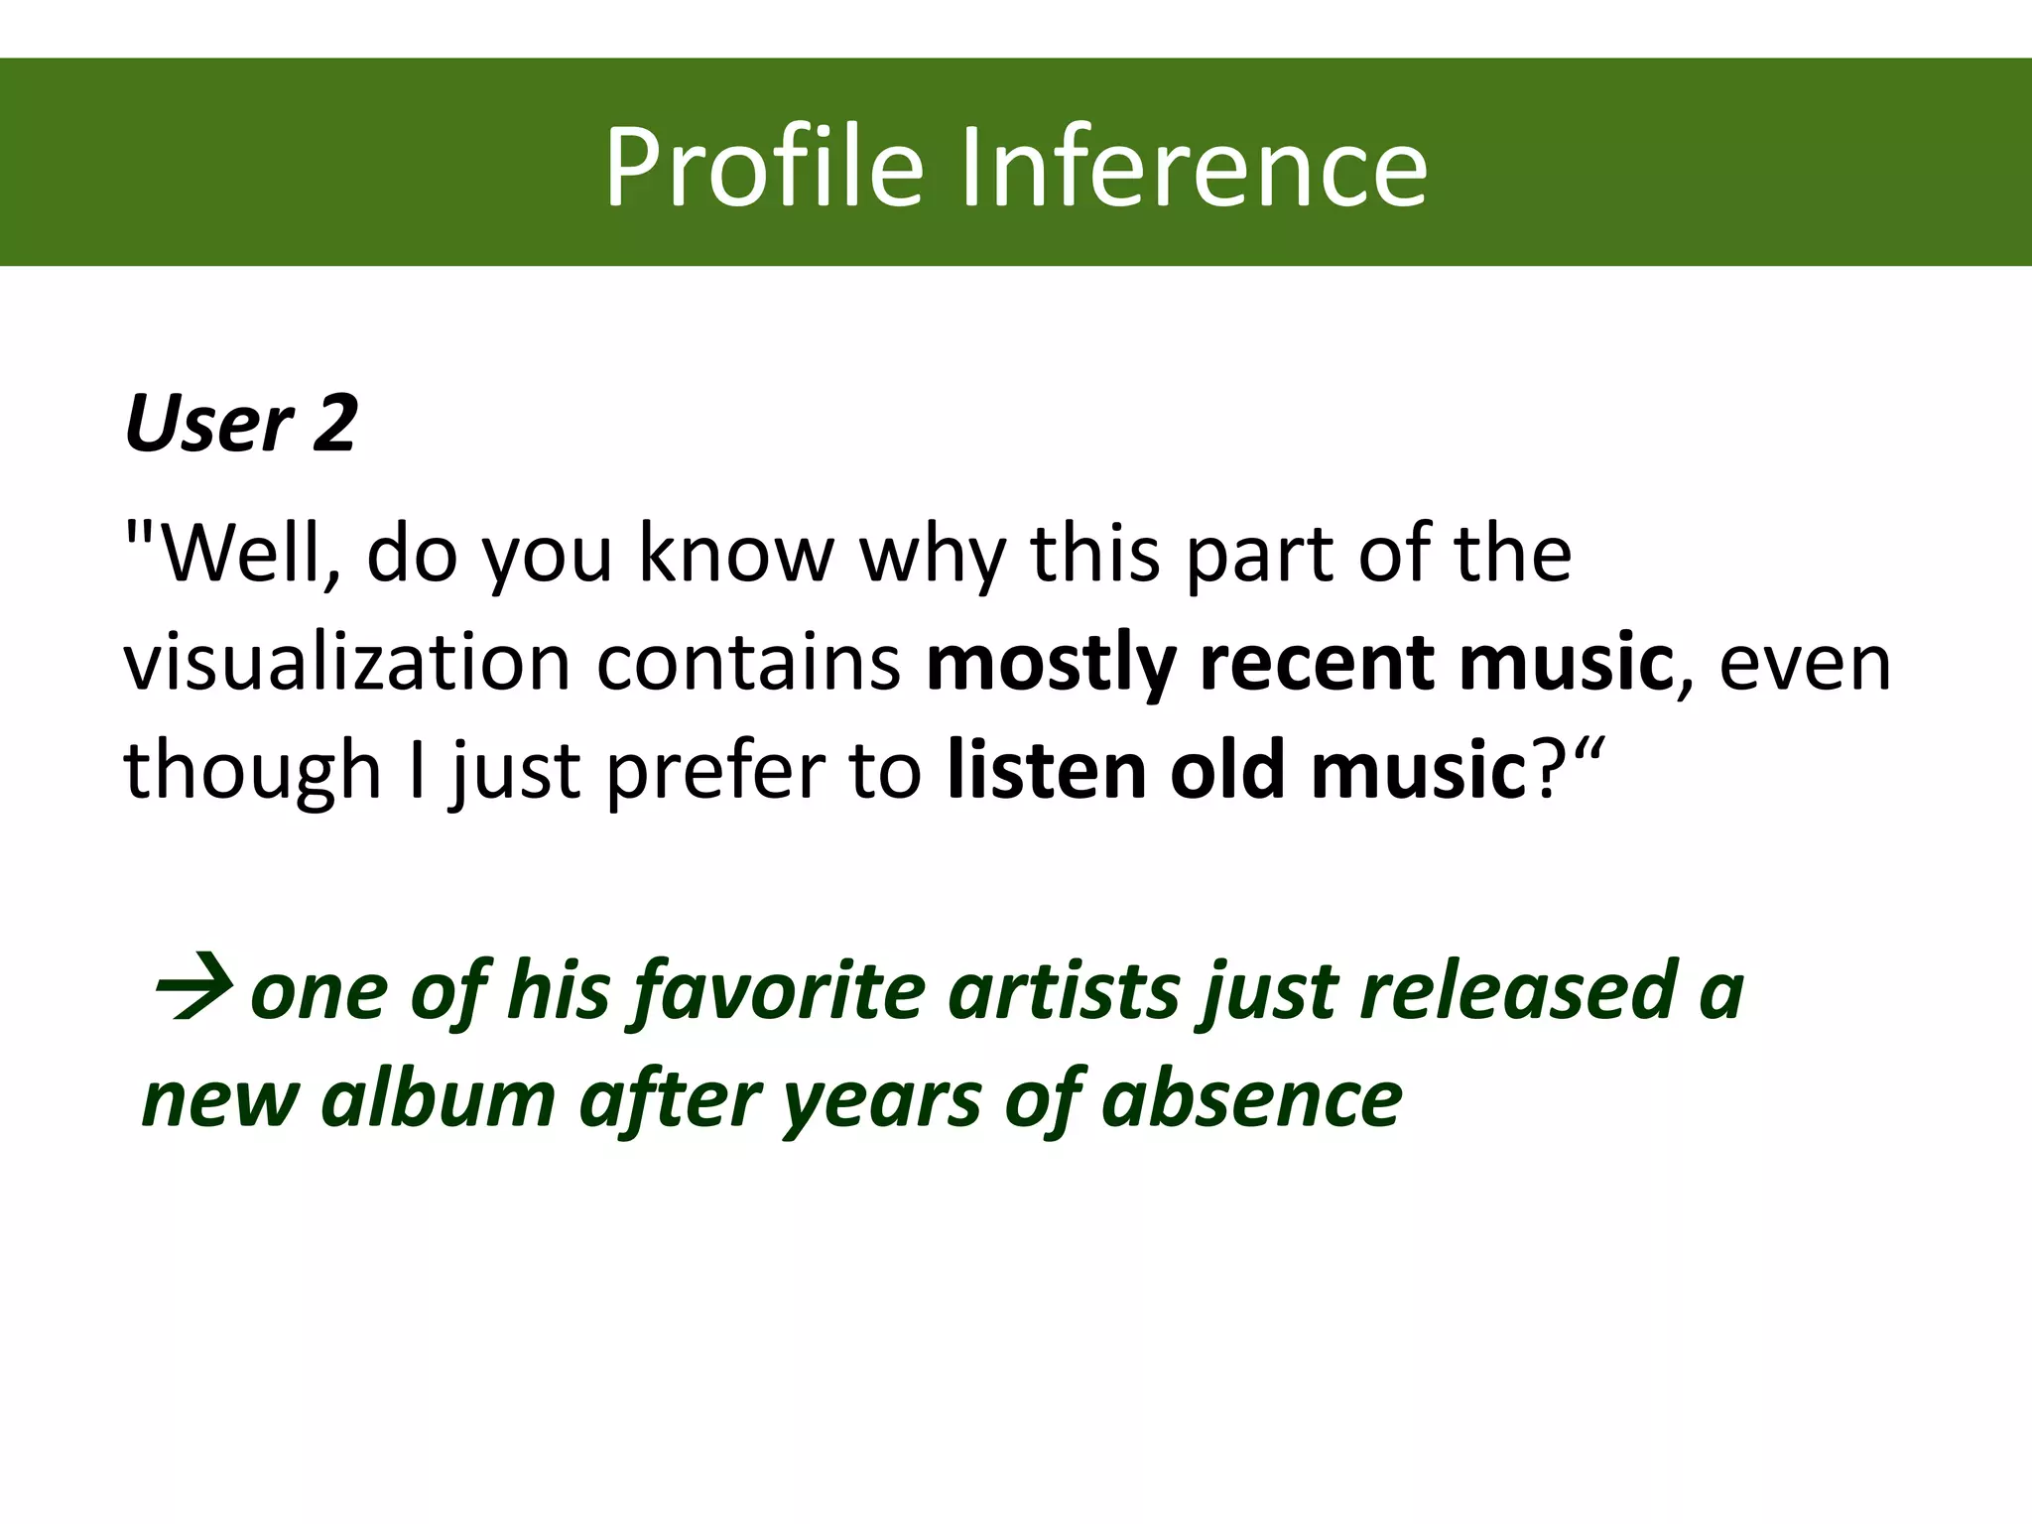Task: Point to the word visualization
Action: [x=347, y=662]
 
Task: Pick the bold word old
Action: [x=1228, y=770]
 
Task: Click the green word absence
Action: [x=1251, y=1098]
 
